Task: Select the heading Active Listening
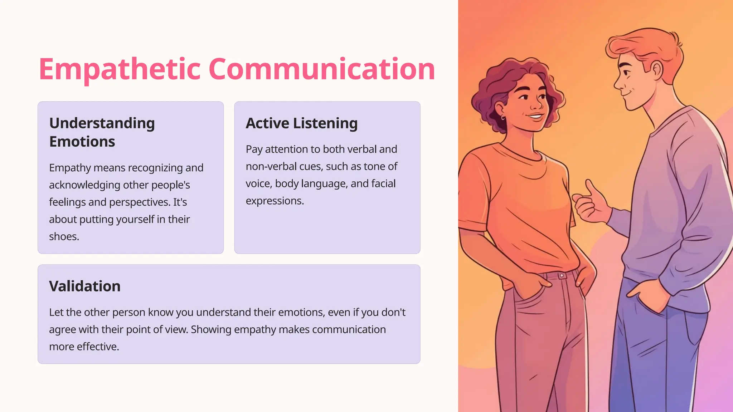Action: click(x=301, y=123)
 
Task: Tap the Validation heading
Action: click(x=85, y=286)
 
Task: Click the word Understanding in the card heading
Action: click(x=102, y=123)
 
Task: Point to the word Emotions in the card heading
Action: click(x=82, y=142)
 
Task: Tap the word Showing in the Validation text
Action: click(x=210, y=329)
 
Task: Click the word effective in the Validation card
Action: click(x=97, y=347)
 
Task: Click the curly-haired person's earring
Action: click(x=504, y=118)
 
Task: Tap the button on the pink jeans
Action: click(x=562, y=275)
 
